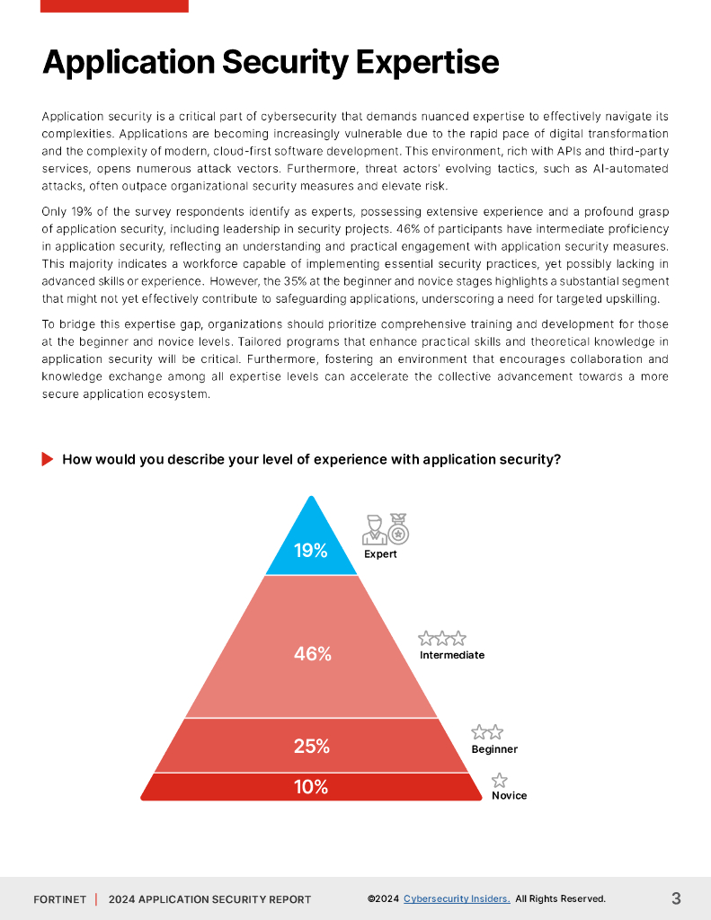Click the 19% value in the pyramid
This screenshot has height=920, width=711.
[x=311, y=551]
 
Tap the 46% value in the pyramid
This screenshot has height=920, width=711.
[x=313, y=654]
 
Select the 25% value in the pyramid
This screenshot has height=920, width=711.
[x=312, y=746]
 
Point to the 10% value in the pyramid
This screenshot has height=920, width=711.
[x=311, y=787]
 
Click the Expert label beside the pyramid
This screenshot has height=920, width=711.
[x=380, y=554]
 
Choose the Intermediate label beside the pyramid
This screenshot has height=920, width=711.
[x=452, y=655]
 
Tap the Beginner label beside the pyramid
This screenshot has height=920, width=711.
[x=494, y=749]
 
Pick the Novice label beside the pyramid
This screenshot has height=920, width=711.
[x=509, y=796]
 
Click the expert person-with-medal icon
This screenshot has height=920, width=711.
[x=386, y=529]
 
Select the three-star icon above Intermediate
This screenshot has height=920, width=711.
[x=442, y=639]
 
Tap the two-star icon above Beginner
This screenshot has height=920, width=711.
[x=487, y=732]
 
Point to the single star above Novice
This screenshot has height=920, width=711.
[x=500, y=780]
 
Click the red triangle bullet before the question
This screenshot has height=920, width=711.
[x=48, y=459]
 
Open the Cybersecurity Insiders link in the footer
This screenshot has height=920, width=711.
[x=457, y=898]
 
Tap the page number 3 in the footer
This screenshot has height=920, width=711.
[x=676, y=898]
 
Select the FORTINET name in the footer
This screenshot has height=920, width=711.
[x=60, y=899]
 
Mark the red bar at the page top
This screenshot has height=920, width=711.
[x=114, y=5]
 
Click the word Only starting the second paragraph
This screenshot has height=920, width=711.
[x=54, y=211]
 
